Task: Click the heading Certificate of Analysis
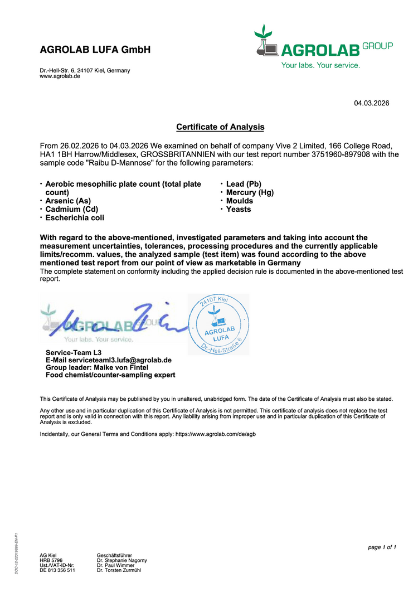pyautogui.click(x=220, y=127)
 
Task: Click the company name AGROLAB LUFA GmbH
pyautogui.click(x=95, y=50)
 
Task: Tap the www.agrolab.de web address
pyautogui.click(x=60, y=76)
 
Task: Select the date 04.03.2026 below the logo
pyautogui.click(x=372, y=103)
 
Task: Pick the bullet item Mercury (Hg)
pyautogui.click(x=250, y=192)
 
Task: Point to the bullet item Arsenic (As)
pyautogui.click(x=68, y=201)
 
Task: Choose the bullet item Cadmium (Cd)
pyautogui.click(x=71, y=209)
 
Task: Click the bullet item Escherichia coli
pyautogui.click(x=75, y=217)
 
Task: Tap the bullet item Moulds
pyautogui.click(x=240, y=201)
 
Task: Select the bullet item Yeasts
pyautogui.click(x=239, y=209)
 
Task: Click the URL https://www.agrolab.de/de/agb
pyautogui.click(x=216, y=434)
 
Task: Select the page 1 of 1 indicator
pyautogui.click(x=382, y=547)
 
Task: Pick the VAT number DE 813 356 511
pyautogui.click(x=57, y=570)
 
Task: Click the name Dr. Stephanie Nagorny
pyautogui.click(x=122, y=560)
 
